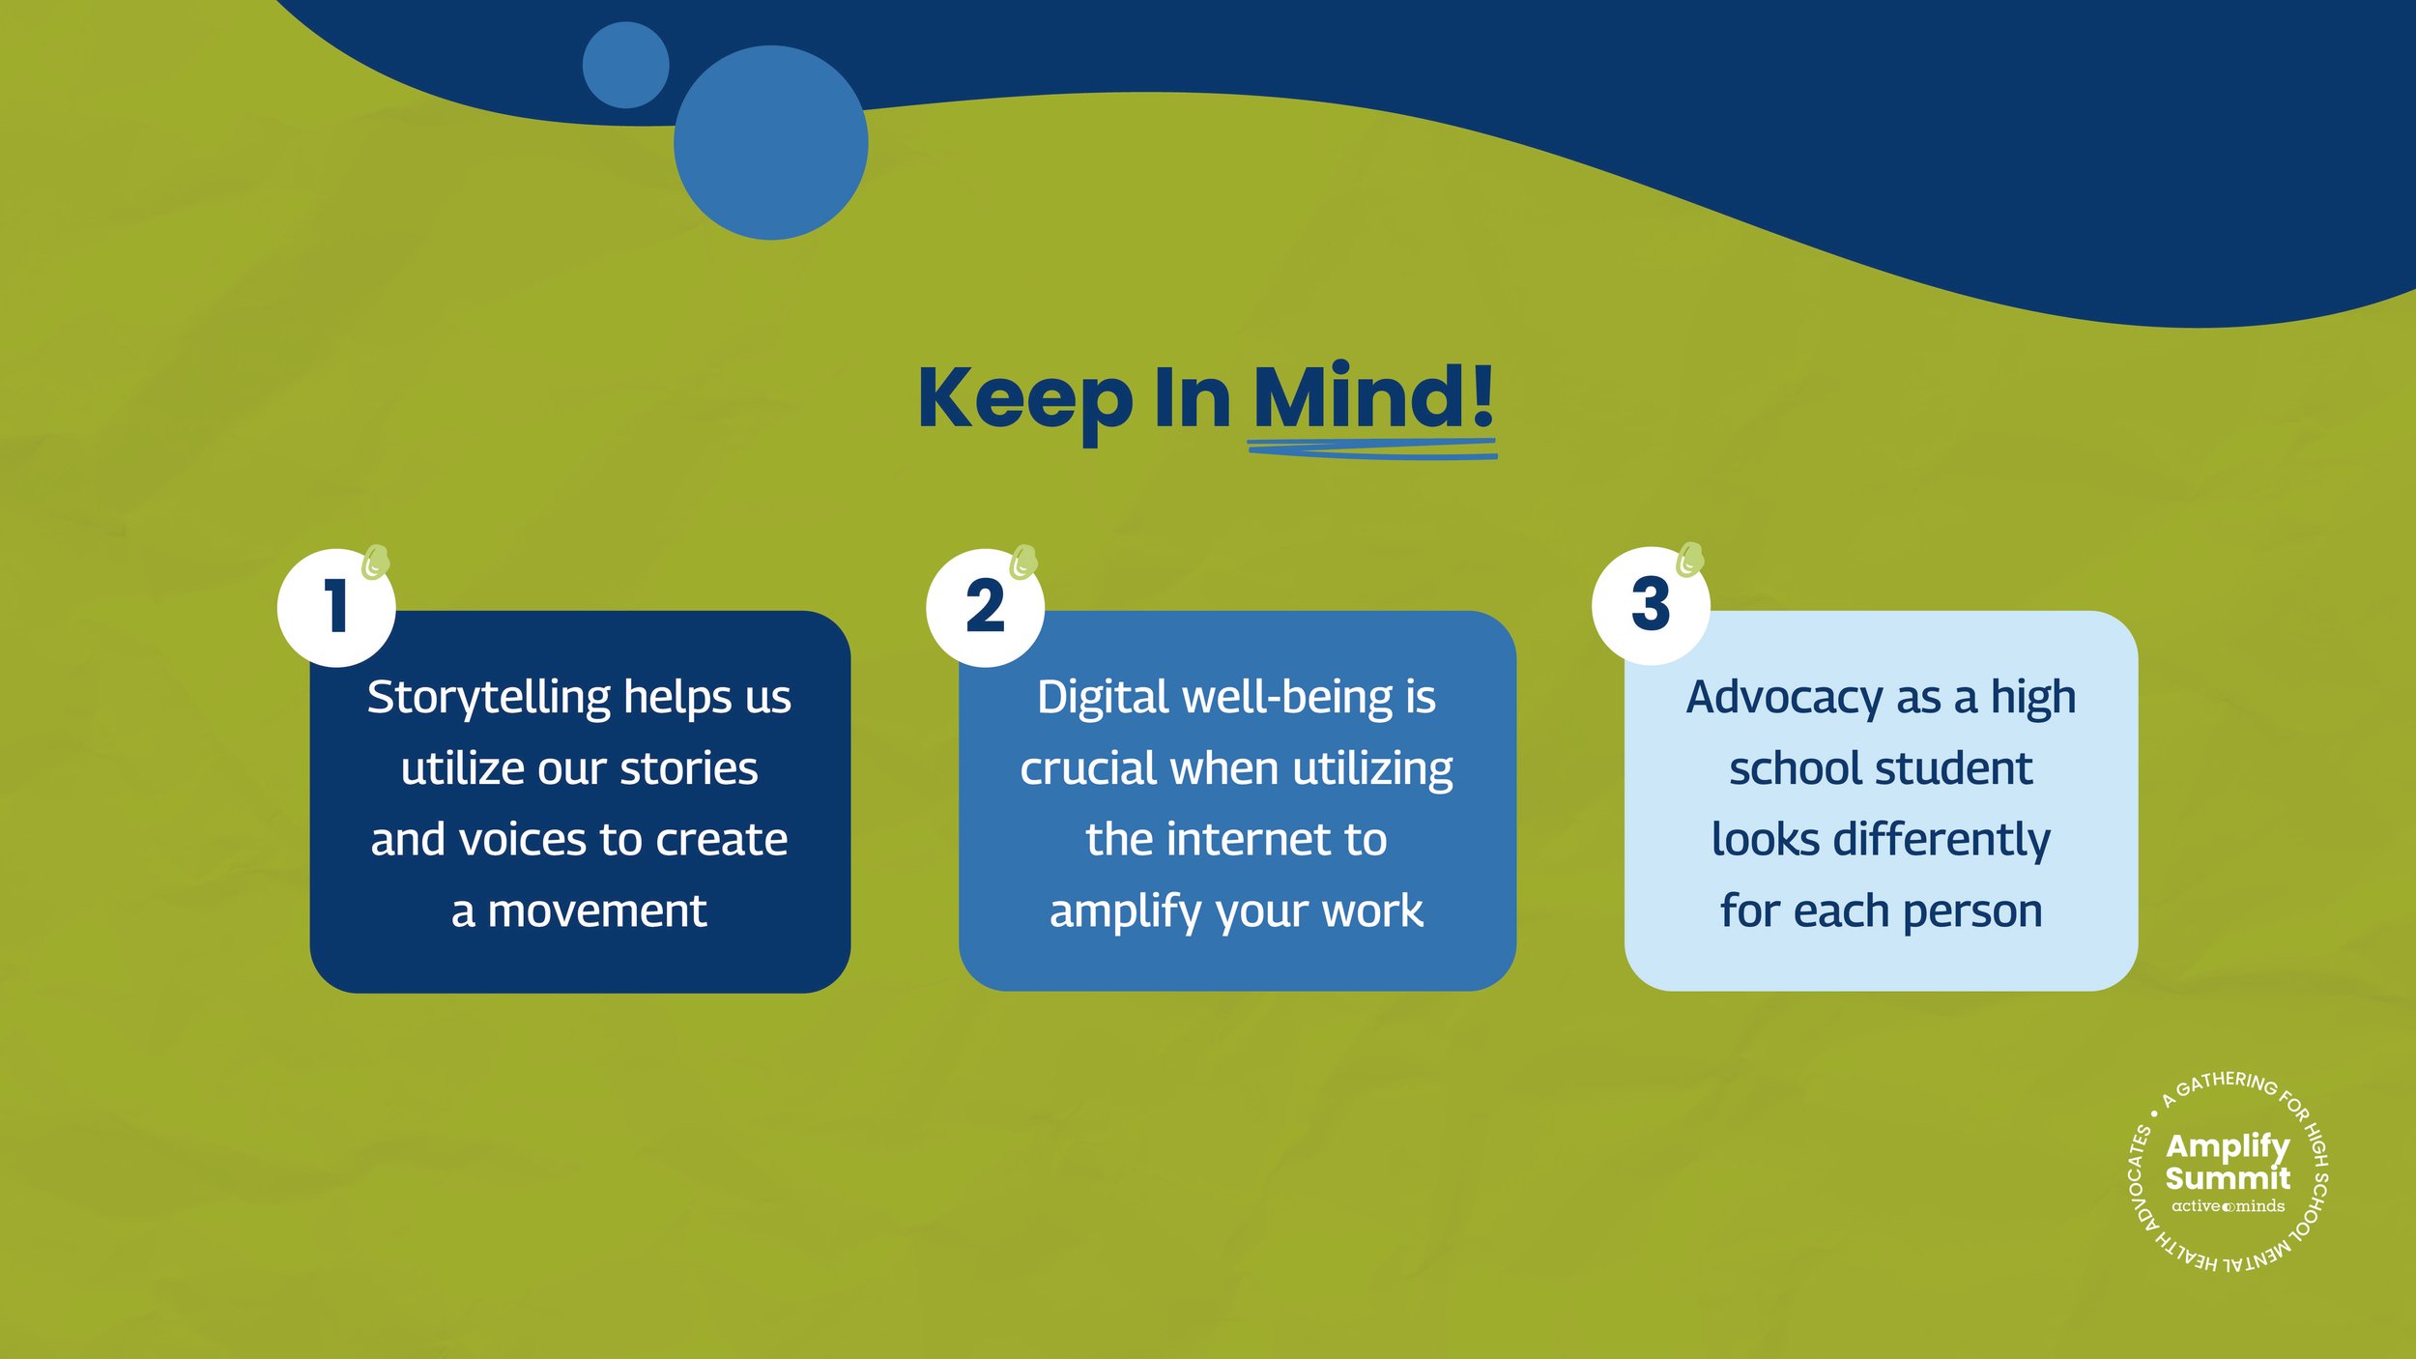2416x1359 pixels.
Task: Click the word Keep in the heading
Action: [1024, 398]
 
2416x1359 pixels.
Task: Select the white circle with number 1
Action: [336, 607]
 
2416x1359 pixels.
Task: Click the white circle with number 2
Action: [985, 607]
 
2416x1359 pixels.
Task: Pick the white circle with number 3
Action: [1651, 605]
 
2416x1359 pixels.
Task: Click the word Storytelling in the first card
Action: [489, 698]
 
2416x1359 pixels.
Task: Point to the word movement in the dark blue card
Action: [596, 911]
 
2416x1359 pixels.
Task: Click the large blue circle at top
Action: [770, 143]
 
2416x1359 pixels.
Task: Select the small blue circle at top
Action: [625, 65]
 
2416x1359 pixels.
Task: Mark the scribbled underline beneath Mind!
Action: [1372, 448]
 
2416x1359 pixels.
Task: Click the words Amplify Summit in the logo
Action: [2227, 1162]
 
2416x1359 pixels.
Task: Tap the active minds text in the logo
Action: [2228, 1206]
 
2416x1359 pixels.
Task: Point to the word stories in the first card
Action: [688, 769]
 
